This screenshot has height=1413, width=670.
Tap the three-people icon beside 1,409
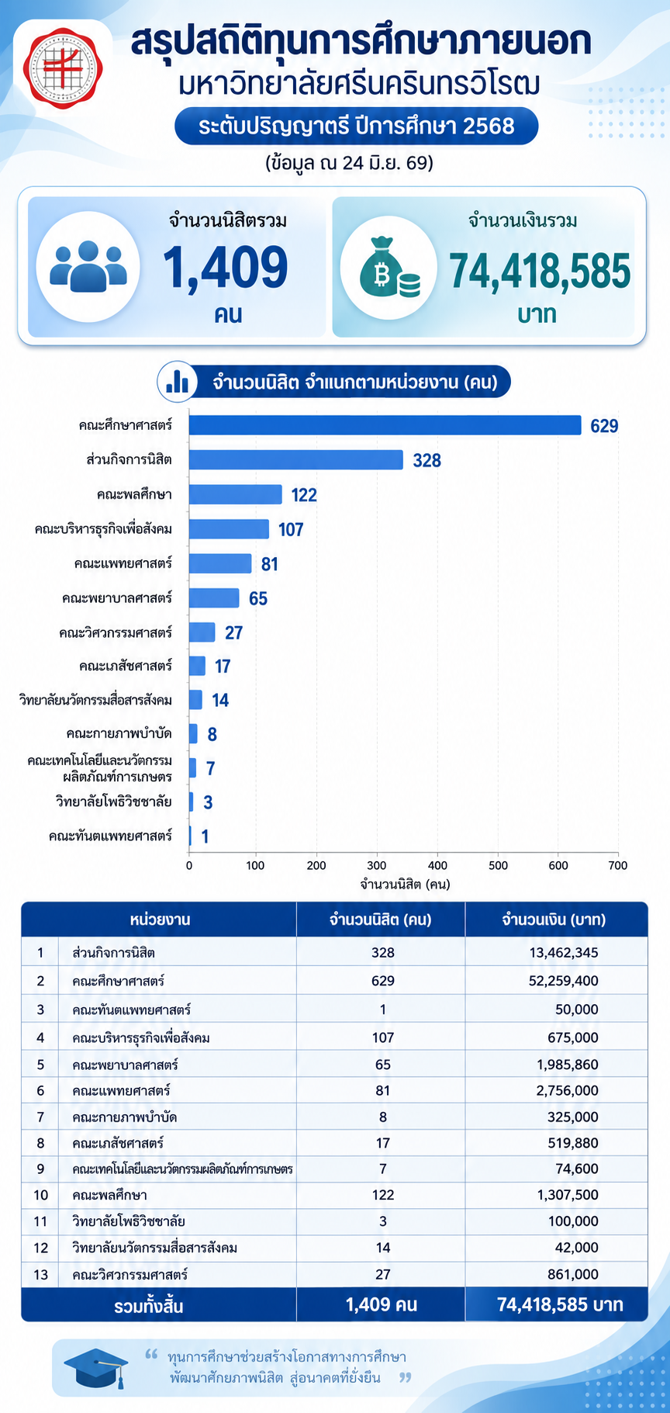(x=88, y=266)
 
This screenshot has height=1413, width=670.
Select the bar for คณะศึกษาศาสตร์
(x=385, y=425)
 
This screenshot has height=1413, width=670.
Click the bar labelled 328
(x=296, y=460)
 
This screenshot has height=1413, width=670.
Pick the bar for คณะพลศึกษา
(x=236, y=494)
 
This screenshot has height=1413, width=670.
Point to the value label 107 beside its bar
(x=291, y=530)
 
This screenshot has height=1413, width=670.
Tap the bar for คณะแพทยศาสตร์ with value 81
(x=220, y=563)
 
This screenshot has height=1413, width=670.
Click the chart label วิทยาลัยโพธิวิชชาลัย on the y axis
(x=113, y=801)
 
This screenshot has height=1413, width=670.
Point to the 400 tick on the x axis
(x=437, y=864)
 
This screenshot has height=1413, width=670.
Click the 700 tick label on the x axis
(x=617, y=864)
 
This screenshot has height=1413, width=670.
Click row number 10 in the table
(x=40, y=1195)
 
